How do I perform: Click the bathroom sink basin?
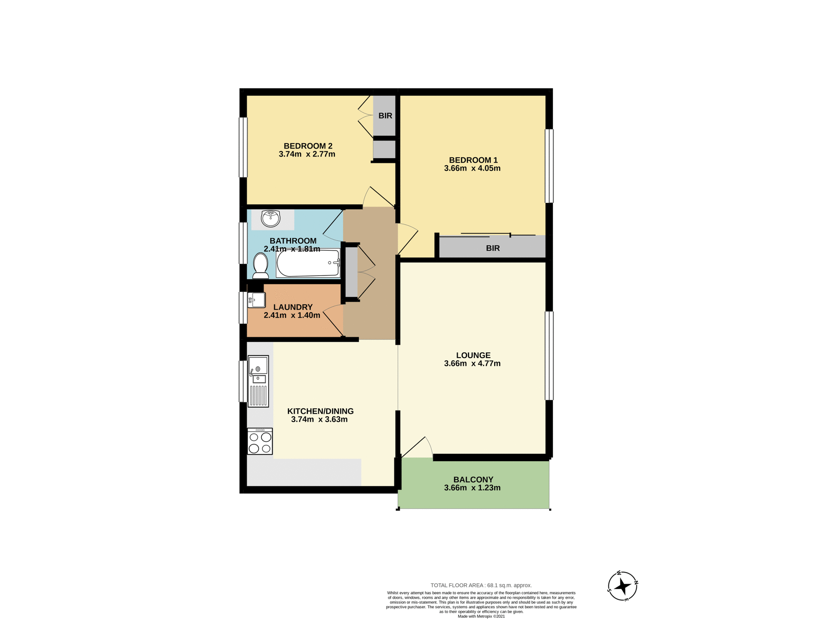click(x=271, y=219)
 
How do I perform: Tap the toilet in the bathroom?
click(x=260, y=266)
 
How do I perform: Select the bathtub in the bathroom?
click(x=308, y=263)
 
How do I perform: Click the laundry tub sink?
click(x=257, y=300)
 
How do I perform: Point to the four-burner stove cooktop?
click(x=260, y=441)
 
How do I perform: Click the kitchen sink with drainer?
click(x=258, y=381)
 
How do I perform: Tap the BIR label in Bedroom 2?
click(x=385, y=116)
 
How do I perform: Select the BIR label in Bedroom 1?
click(x=492, y=248)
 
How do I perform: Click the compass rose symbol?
click(x=623, y=586)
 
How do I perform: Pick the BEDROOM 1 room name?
click(x=473, y=160)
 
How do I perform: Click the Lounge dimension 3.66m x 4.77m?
click(x=472, y=364)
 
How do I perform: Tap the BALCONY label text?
click(x=473, y=480)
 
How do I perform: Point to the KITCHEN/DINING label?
click(x=320, y=411)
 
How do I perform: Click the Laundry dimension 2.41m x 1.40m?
click(x=292, y=316)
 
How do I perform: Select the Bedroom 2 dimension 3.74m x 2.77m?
click(x=307, y=154)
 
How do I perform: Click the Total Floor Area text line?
click(x=481, y=585)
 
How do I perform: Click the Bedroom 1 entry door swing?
click(x=407, y=239)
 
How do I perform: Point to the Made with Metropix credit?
click(x=481, y=616)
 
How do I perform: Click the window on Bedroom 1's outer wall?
click(x=549, y=166)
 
